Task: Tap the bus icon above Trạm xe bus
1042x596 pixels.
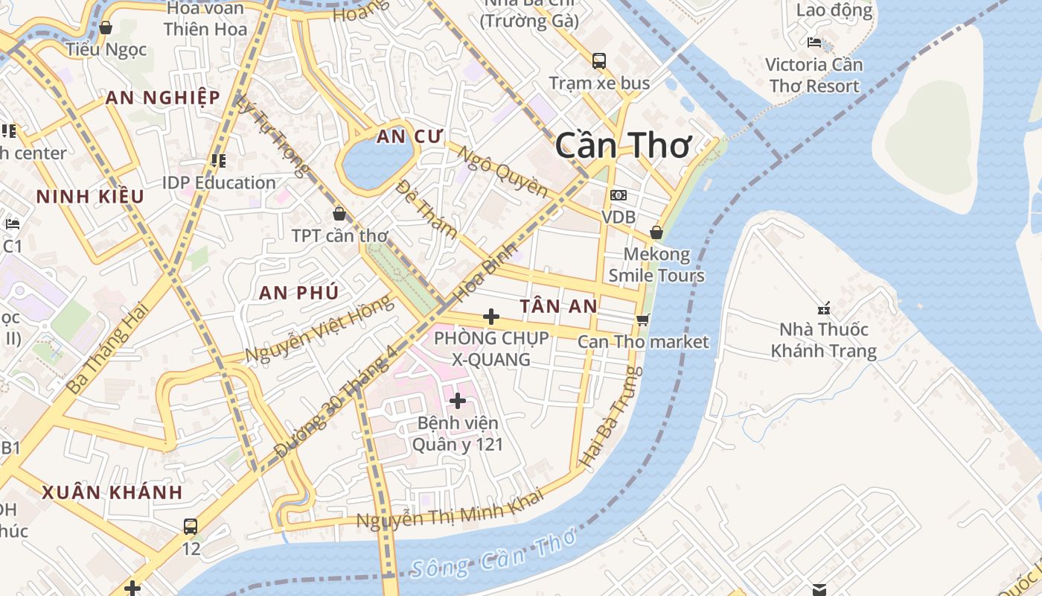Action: (x=599, y=60)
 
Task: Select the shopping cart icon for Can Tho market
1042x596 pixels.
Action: (x=642, y=320)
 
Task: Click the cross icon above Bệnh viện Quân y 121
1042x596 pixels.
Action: (x=458, y=401)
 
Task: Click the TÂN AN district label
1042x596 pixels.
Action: (x=558, y=305)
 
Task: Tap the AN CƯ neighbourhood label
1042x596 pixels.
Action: (x=409, y=136)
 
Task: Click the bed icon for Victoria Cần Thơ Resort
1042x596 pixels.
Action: (x=814, y=42)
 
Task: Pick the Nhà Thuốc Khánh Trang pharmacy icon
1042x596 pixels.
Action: (x=824, y=308)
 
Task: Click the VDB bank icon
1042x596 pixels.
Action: (x=618, y=195)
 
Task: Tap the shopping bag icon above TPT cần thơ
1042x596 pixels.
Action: (x=339, y=214)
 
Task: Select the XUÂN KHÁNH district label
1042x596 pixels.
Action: (x=112, y=492)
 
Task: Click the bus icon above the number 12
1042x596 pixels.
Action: (x=191, y=526)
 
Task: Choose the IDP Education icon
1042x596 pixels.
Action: (x=219, y=160)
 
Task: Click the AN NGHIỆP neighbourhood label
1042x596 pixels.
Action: (x=162, y=98)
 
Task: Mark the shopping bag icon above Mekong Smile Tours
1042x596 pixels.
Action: (x=656, y=232)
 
